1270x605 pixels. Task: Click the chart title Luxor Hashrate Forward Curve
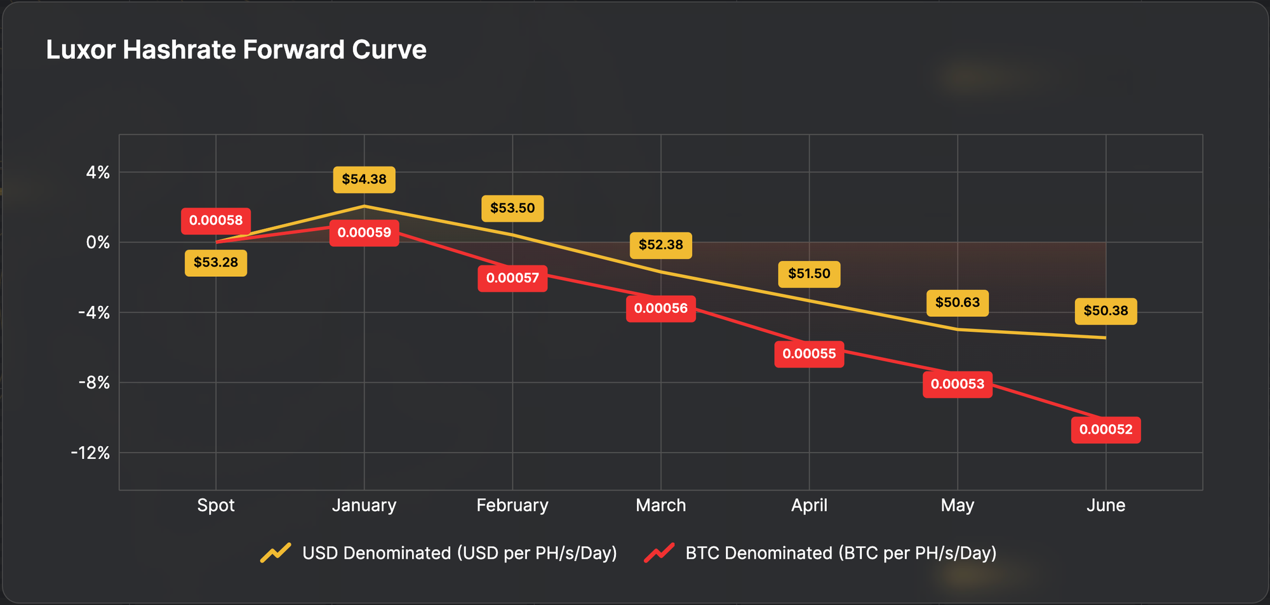pos(236,50)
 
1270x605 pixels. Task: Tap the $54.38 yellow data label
pos(364,180)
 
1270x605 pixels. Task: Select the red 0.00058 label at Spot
pos(216,221)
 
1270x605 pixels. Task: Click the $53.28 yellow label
pos(216,263)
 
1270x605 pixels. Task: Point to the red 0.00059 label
pos(364,233)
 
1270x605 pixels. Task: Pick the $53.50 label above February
pos(512,208)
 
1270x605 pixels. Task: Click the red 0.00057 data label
pos(512,278)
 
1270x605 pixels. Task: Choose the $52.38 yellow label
pos(660,245)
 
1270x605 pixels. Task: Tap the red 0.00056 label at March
pos(660,309)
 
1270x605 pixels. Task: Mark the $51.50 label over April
pos(809,274)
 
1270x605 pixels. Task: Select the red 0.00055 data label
pos(809,354)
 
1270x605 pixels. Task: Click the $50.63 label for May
pos(958,303)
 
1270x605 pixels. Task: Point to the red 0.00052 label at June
pos(1106,430)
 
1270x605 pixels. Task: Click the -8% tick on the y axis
pos(94,383)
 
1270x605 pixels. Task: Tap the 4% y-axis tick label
pos(98,173)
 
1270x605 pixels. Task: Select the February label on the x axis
pos(512,505)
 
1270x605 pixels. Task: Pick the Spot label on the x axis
pos(216,505)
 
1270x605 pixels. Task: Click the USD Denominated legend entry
pos(459,553)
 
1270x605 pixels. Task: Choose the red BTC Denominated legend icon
pos(660,553)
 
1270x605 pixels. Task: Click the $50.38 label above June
pos(1106,311)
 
